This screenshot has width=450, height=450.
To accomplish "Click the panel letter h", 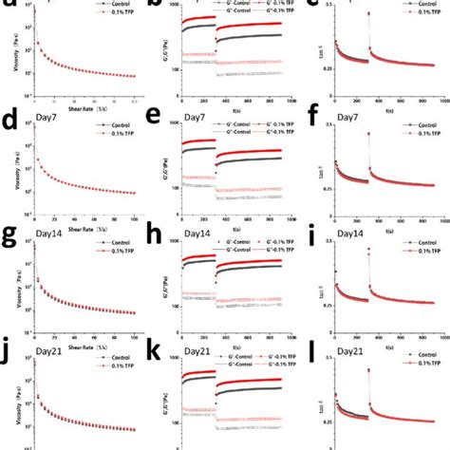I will [160, 233].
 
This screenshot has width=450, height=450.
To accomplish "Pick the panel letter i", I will [313, 231].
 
